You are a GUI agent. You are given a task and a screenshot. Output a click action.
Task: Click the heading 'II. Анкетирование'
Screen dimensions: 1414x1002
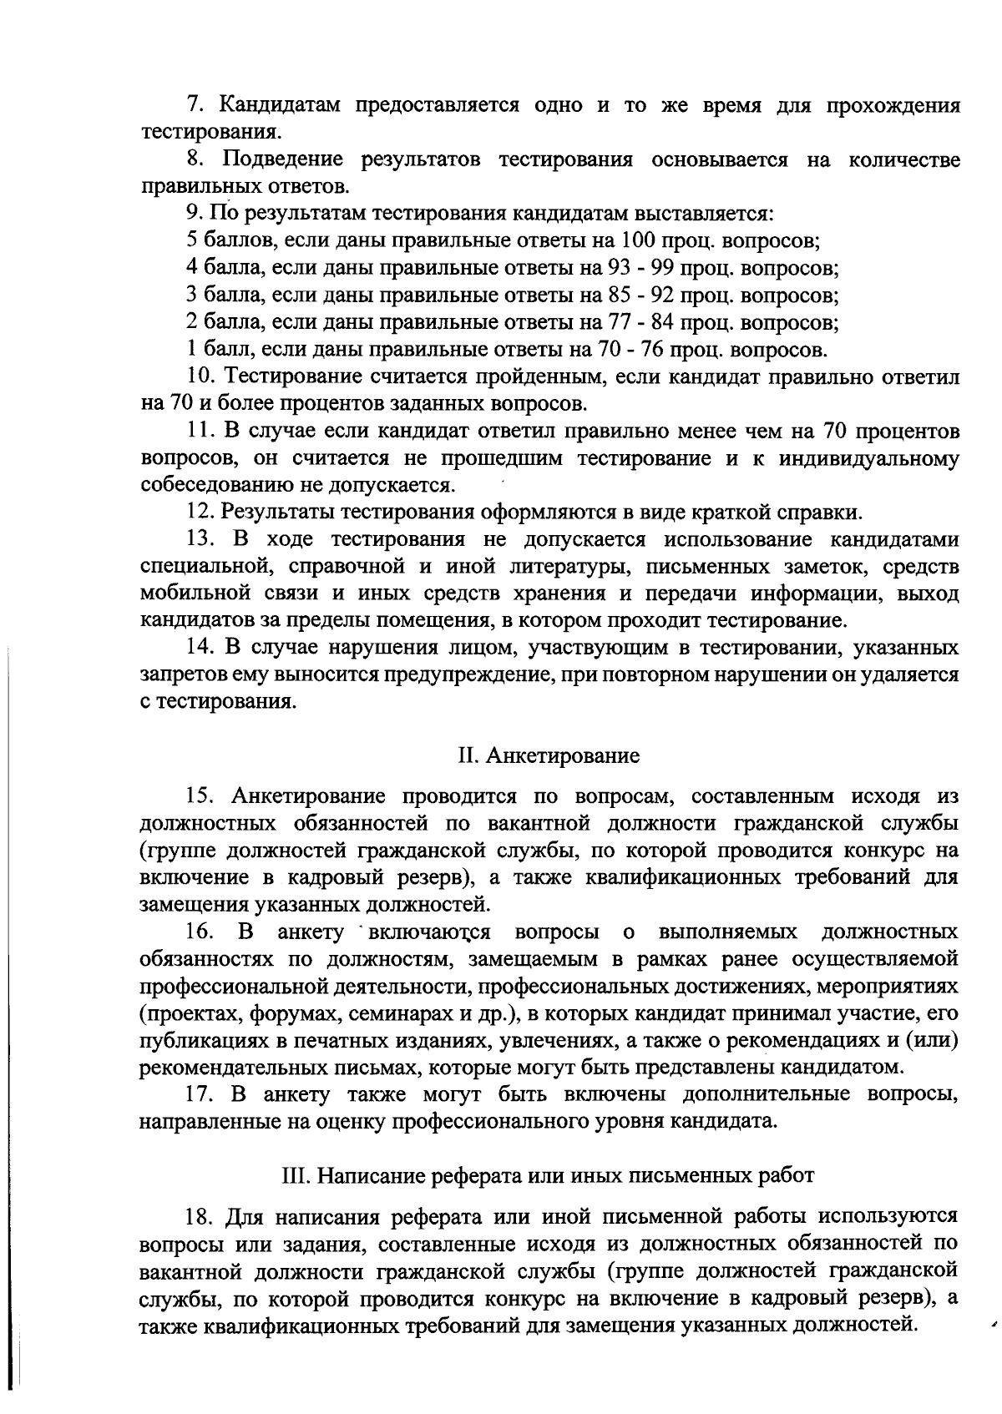click(549, 756)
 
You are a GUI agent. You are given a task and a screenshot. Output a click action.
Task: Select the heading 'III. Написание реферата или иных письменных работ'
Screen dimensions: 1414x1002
click(549, 1175)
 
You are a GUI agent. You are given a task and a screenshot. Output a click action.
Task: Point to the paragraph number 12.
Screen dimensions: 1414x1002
click(201, 512)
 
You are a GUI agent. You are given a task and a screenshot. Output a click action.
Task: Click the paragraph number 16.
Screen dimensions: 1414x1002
click(202, 932)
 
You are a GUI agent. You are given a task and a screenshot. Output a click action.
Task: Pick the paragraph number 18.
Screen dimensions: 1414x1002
click(201, 1215)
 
